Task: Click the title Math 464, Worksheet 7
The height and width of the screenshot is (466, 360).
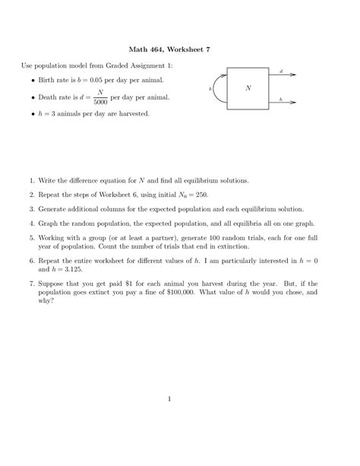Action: [180, 49]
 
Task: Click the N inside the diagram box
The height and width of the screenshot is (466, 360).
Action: [248, 88]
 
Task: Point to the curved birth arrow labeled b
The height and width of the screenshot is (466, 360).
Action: [221, 89]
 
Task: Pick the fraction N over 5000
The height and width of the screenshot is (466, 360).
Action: [100, 98]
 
